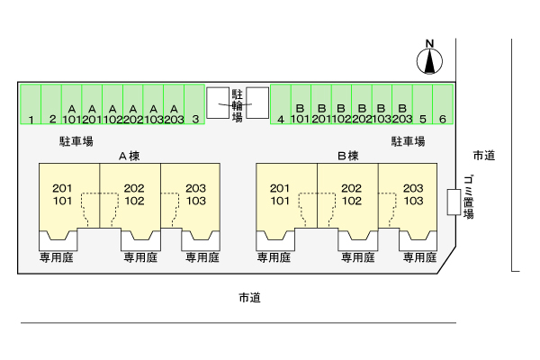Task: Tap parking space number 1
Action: pyautogui.click(x=31, y=104)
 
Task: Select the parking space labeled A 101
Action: pyautogui.click(x=72, y=104)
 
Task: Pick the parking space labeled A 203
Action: pyautogui.click(x=174, y=104)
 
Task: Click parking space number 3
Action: pyautogui.click(x=194, y=104)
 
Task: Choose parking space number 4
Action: pyautogui.click(x=281, y=104)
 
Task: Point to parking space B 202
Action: pyautogui.click(x=362, y=104)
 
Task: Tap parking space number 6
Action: pyautogui.click(x=443, y=104)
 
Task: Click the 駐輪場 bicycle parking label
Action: pyautogui.click(x=237, y=105)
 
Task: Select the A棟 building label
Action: pyautogui.click(x=130, y=156)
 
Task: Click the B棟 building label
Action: pyautogui.click(x=348, y=156)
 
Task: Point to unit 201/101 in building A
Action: pyautogui.click(x=62, y=194)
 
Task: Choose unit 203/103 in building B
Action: pyautogui.click(x=413, y=194)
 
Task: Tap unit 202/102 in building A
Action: pyautogui.click(x=134, y=194)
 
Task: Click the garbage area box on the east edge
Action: pyautogui.click(x=454, y=202)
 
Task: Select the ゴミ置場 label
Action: pyautogui.click(x=468, y=197)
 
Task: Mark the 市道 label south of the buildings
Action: pyautogui.click(x=250, y=298)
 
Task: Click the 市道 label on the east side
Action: pyautogui.click(x=484, y=156)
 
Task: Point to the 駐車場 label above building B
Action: pyautogui.click(x=408, y=141)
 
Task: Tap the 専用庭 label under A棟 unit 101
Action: pyautogui.click(x=57, y=257)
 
